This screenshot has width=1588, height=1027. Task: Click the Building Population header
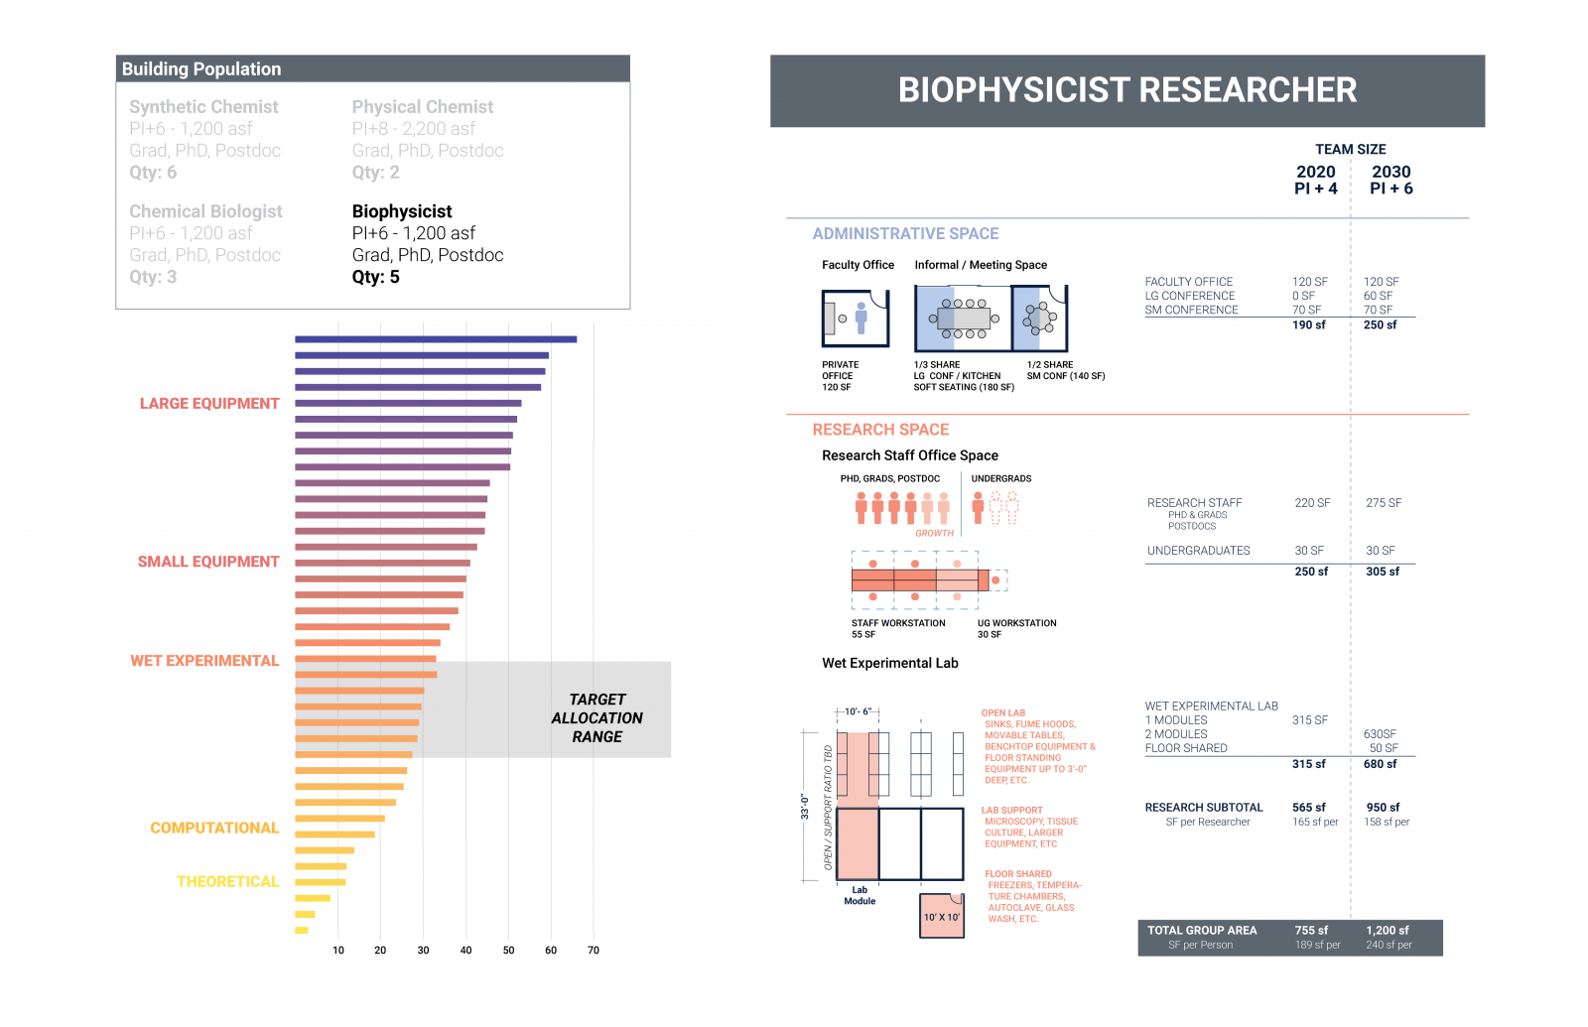click(x=201, y=69)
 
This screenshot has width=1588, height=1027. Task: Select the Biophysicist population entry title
click(x=402, y=211)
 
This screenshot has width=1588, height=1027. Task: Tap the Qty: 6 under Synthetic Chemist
click(x=153, y=173)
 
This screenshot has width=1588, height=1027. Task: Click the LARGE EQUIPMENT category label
click(x=209, y=404)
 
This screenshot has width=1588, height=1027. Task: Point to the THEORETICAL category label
click(x=227, y=882)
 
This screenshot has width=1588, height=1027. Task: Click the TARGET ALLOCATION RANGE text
click(x=596, y=718)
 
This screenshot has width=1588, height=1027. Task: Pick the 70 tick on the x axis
click(x=594, y=951)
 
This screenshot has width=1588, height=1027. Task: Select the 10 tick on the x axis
click(x=338, y=951)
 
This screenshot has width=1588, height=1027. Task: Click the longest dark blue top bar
click(x=435, y=339)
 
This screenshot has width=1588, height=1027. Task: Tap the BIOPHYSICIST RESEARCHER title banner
click(x=1126, y=90)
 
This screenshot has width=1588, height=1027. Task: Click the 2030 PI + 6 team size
click(x=1390, y=180)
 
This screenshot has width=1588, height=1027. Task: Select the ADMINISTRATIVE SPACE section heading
click(x=905, y=234)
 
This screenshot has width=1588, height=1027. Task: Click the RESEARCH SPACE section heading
click(x=880, y=430)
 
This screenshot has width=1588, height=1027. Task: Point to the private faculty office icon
click(x=855, y=319)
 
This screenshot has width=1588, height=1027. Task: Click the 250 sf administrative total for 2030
click(x=1380, y=325)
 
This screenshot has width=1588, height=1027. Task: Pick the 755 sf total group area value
click(x=1310, y=931)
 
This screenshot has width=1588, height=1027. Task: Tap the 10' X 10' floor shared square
click(x=942, y=916)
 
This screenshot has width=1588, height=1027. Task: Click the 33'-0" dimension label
click(x=805, y=807)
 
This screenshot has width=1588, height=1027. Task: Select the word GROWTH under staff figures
click(x=934, y=534)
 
